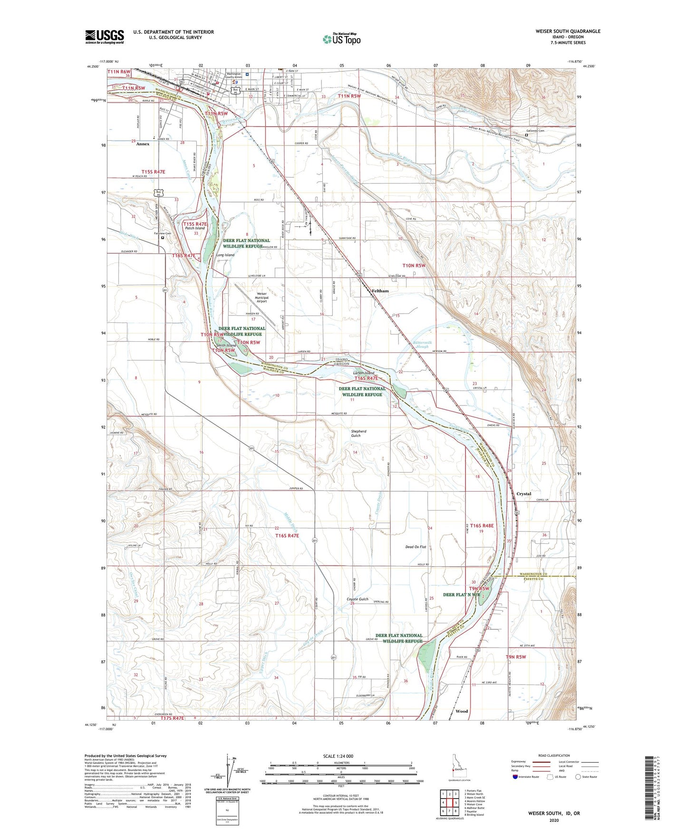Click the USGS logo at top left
click(104, 36)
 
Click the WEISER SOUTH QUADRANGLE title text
click(568, 31)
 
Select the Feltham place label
click(380, 291)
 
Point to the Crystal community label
click(523, 494)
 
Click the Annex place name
click(143, 144)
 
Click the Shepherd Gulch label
click(359, 434)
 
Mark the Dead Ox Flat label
click(416, 547)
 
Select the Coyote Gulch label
click(358, 599)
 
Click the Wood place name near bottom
click(462, 712)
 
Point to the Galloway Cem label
click(535, 131)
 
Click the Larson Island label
click(363, 373)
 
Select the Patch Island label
click(195, 228)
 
